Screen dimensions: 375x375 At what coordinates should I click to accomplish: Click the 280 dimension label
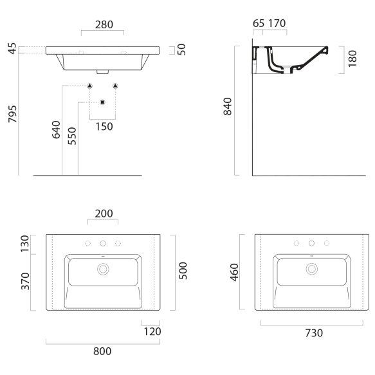pyautogui.click(x=104, y=24)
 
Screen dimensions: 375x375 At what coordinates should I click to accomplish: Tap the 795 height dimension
pyautogui.click(x=13, y=114)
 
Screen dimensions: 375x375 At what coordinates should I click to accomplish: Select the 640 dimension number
pyautogui.click(x=56, y=130)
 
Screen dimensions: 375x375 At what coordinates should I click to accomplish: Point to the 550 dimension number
pyautogui.click(x=72, y=136)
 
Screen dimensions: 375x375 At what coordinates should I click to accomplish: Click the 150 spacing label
pyautogui.click(x=104, y=127)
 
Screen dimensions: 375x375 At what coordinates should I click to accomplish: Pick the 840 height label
pyautogui.click(x=228, y=106)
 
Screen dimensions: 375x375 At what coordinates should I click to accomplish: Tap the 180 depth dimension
pyautogui.click(x=352, y=59)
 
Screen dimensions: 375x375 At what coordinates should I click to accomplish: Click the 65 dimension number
pyautogui.click(x=259, y=23)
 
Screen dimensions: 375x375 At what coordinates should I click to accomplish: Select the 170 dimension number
pyautogui.click(x=277, y=23)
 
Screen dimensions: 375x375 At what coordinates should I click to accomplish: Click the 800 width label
pyautogui.click(x=102, y=351)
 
